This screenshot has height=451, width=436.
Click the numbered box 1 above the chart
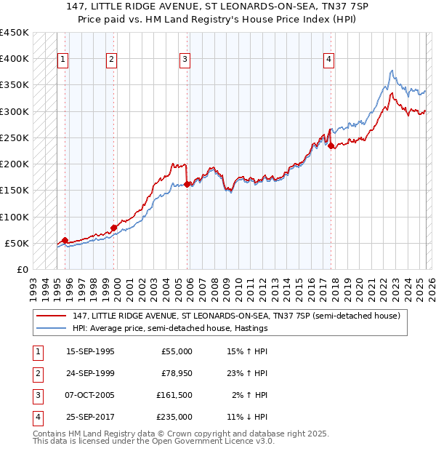(x=63, y=60)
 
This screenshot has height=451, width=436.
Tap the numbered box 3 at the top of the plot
(x=185, y=60)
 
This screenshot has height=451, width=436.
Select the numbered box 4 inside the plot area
(x=329, y=60)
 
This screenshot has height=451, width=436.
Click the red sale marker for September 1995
(x=65, y=240)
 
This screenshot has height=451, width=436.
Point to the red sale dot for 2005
(x=187, y=184)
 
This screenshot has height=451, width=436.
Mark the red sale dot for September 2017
(x=331, y=145)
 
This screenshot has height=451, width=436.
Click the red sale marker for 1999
(x=114, y=228)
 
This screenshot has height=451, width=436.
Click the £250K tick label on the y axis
(x=14, y=137)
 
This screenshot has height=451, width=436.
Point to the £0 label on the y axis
(x=22, y=269)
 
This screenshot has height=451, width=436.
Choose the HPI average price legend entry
(x=170, y=328)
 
